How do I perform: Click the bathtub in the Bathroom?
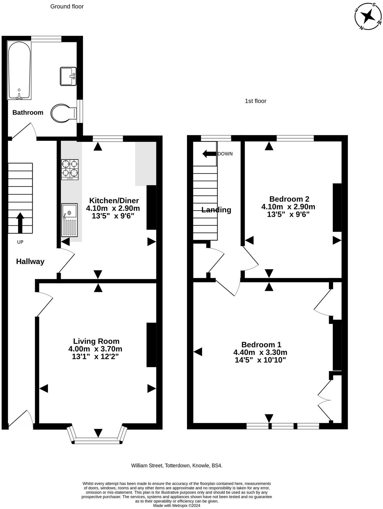click(x=19, y=70)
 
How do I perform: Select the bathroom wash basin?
click(x=68, y=76)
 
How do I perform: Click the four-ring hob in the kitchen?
click(x=70, y=169)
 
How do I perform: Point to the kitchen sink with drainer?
click(x=70, y=220)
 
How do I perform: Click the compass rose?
click(x=368, y=16)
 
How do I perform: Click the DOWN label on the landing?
click(x=225, y=154)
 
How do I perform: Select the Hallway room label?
click(x=30, y=261)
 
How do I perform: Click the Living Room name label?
click(x=96, y=341)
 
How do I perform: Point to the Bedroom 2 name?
click(x=289, y=199)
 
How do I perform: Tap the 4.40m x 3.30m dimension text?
click(x=260, y=352)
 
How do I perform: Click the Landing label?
click(x=216, y=210)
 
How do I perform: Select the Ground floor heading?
click(x=67, y=6)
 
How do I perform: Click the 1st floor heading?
click(x=256, y=101)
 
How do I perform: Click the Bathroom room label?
click(x=28, y=112)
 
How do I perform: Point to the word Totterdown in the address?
click(x=177, y=466)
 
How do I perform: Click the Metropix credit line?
click(x=177, y=505)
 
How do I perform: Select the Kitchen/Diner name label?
click(x=114, y=200)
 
